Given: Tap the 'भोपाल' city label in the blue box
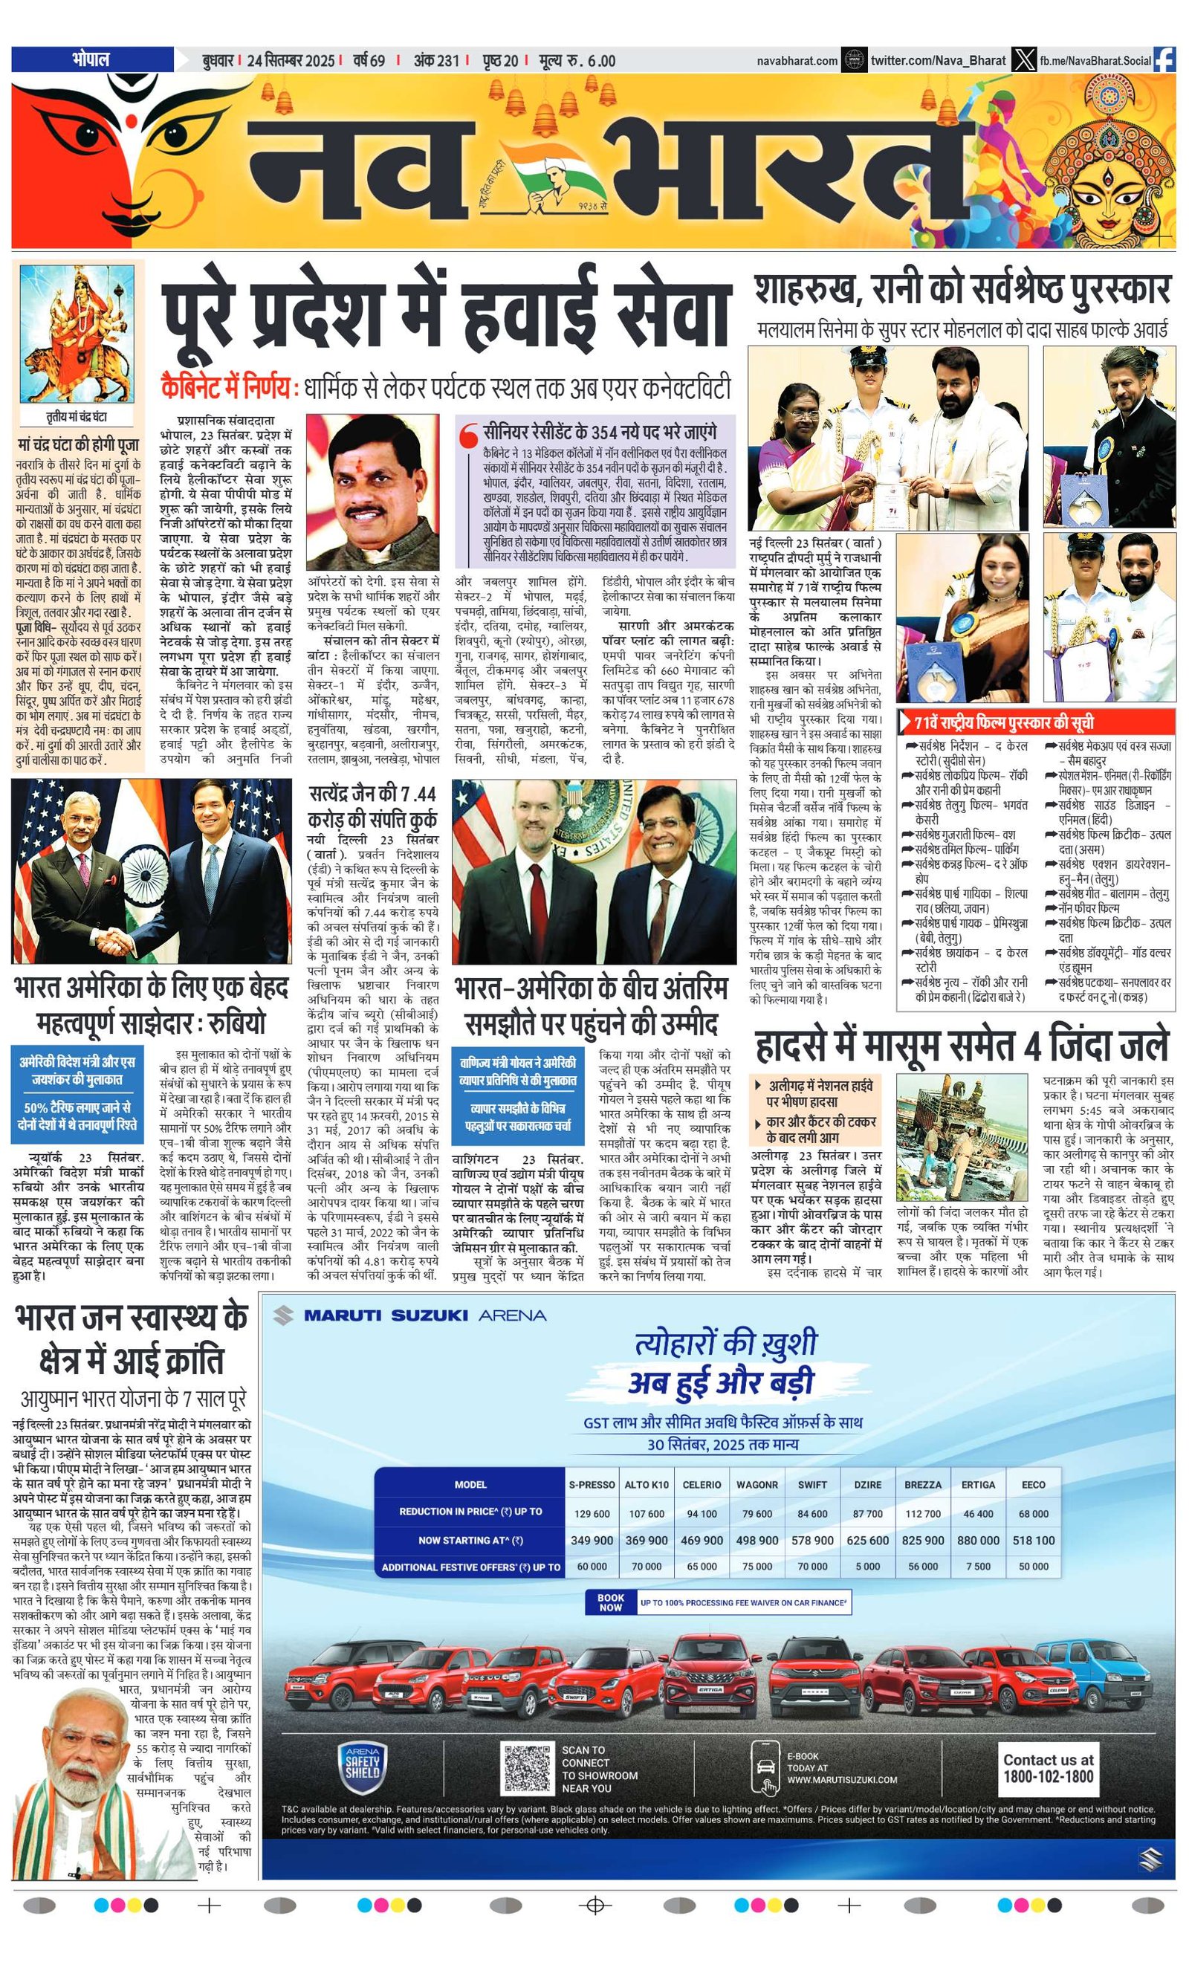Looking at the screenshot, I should click(91, 59).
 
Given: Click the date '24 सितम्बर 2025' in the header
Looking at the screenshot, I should click(291, 61).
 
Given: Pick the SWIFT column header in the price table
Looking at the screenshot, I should click(811, 1484).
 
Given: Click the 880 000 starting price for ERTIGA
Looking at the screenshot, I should click(978, 1540).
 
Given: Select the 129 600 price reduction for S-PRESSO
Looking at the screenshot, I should click(592, 1513).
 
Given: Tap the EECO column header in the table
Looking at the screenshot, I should click(1034, 1484).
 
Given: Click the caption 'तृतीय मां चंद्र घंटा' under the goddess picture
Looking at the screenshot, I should click(77, 417).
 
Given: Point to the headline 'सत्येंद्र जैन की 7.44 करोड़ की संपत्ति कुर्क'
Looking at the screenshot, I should click(373, 806).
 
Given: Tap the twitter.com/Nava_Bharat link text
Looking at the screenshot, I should click(938, 59).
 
